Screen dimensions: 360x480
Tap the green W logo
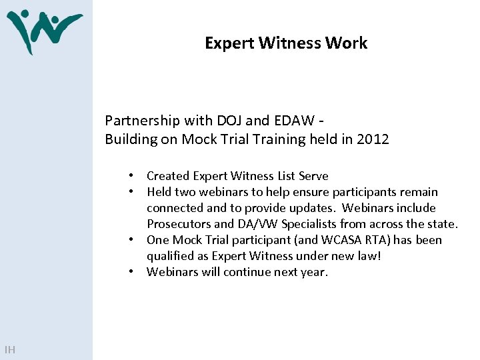[41, 30]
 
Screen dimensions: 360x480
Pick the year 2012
[373, 139]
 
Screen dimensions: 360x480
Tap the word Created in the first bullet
[168, 176]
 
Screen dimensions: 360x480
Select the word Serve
[313, 176]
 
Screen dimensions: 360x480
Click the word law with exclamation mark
[369, 256]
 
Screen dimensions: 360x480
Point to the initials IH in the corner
[9, 349]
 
